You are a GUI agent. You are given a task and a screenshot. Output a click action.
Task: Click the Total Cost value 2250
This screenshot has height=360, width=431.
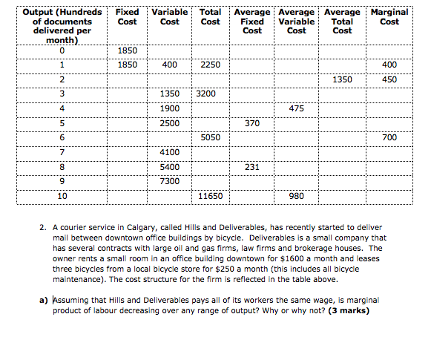click(x=211, y=65)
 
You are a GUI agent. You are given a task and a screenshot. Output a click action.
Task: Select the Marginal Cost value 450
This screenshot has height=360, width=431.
click(x=389, y=79)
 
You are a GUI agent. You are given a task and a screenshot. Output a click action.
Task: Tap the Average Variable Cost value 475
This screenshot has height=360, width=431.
click(x=296, y=109)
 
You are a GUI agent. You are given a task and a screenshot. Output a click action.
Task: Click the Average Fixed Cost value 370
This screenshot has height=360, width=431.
click(x=252, y=123)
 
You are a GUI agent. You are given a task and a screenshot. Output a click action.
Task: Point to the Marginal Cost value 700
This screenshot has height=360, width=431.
click(x=389, y=138)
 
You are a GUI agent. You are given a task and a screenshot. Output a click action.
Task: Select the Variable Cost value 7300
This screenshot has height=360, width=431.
click(x=170, y=182)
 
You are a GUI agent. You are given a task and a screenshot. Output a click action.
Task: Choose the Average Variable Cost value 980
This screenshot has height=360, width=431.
click(x=296, y=197)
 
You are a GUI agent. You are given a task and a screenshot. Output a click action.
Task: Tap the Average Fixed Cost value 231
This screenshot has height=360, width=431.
click(x=252, y=168)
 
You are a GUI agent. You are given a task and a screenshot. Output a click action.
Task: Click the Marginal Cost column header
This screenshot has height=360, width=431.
click(x=389, y=17)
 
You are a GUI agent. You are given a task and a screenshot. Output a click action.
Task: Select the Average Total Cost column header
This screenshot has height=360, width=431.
click(x=342, y=22)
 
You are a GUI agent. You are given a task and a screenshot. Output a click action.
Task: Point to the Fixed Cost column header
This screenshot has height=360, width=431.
click(x=128, y=17)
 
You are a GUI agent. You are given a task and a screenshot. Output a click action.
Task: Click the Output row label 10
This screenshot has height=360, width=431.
click(x=62, y=197)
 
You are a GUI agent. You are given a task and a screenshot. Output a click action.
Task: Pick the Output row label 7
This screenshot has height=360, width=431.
click(x=62, y=153)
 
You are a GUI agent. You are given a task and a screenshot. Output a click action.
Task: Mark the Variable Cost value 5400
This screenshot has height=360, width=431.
click(x=170, y=168)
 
